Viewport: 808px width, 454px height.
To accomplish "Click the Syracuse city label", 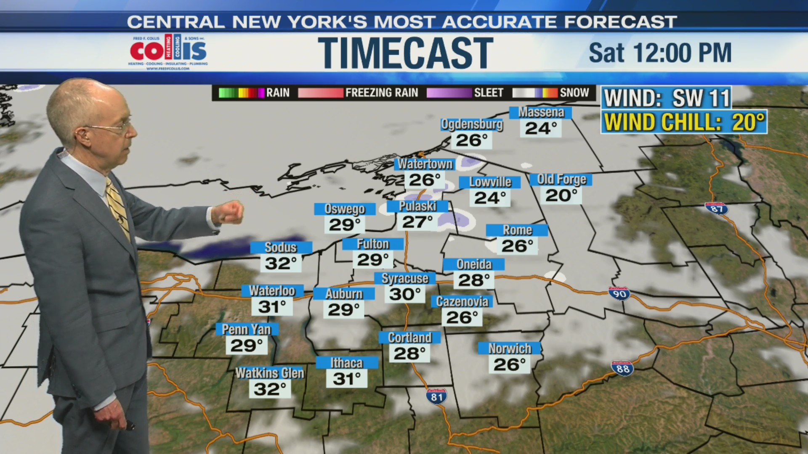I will coord(404,278).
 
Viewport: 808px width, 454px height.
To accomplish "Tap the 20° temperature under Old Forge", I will coord(561,195).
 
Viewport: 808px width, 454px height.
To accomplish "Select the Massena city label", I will coord(541,112).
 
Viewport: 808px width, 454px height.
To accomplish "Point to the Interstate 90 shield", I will coord(619,293).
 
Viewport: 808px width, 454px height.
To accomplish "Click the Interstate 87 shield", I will coord(716,209).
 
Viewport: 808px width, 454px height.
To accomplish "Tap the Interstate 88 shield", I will coord(622,368).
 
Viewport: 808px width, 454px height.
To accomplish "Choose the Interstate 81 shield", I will coord(436,396).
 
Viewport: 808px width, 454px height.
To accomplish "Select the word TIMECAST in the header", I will coord(405,53).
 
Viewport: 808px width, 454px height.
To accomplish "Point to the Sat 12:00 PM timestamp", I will coord(660,53).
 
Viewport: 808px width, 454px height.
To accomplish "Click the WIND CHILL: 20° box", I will coord(684,122).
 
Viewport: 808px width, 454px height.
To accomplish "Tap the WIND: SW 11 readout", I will coord(667,98).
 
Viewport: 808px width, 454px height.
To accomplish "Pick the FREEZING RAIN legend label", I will coord(381,92).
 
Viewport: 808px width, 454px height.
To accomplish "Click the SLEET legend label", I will coord(488,92).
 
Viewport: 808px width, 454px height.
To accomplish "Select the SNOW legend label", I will coord(574,92).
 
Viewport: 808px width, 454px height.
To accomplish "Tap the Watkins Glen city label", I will coord(270,373).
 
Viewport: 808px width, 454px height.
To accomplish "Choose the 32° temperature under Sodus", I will coord(281,264).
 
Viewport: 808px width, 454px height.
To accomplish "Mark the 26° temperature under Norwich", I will coord(509,364).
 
